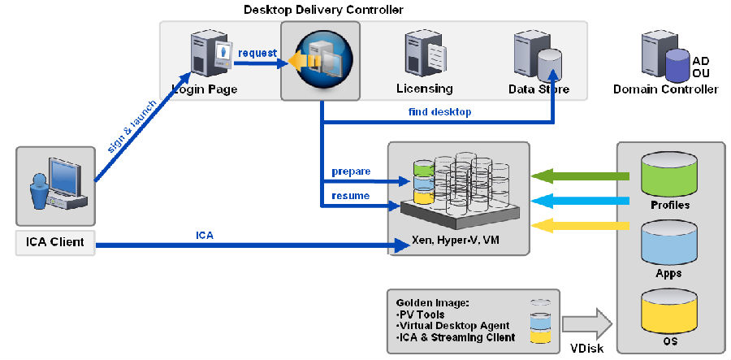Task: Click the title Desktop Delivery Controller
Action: tap(323, 9)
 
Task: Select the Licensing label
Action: tap(424, 89)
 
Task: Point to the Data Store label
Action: tap(538, 89)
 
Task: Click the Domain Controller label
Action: tap(665, 89)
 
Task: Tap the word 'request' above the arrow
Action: tap(257, 53)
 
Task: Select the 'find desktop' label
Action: tap(439, 111)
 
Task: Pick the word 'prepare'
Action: tap(351, 172)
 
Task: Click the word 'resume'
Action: tap(350, 196)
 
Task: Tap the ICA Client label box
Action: tap(55, 241)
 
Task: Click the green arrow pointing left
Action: tap(580, 176)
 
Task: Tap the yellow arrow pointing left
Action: tap(580, 224)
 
